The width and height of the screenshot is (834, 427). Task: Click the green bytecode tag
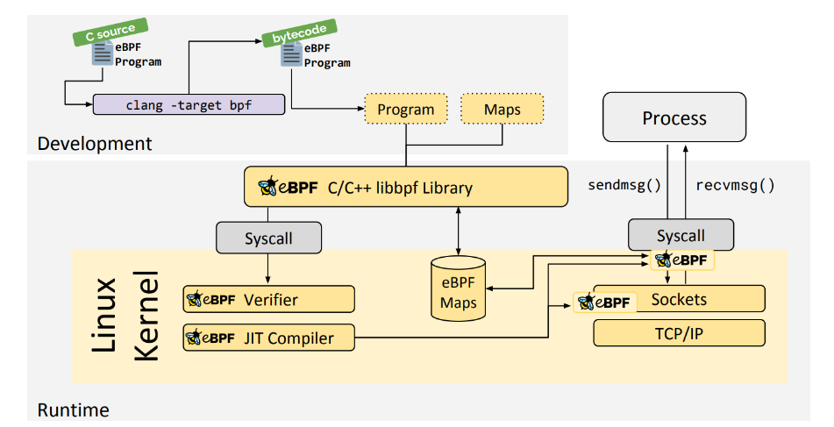click(x=289, y=36)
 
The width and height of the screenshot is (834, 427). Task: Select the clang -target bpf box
click(x=189, y=104)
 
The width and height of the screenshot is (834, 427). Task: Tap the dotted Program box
click(x=405, y=110)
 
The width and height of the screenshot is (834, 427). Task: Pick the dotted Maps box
click(x=503, y=110)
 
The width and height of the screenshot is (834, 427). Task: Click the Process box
click(x=674, y=117)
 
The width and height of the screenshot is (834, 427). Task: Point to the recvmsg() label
click(x=735, y=185)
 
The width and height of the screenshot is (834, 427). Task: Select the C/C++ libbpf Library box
click(x=406, y=187)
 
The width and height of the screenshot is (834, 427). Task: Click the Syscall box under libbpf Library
click(x=268, y=238)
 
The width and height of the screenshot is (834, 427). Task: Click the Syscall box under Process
click(x=681, y=235)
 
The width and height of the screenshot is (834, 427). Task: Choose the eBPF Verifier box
click(x=268, y=299)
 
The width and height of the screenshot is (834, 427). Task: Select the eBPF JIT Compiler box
click(x=268, y=338)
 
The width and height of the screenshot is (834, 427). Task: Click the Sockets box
click(x=679, y=300)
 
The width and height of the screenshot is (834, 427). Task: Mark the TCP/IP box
click(x=679, y=333)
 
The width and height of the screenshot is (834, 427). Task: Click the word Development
click(x=95, y=144)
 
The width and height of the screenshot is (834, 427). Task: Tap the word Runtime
click(x=74, y=409)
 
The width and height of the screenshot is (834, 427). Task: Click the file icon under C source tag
click(x=103, y=54)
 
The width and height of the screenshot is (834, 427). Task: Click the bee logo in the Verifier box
click(x=195, y=299)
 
